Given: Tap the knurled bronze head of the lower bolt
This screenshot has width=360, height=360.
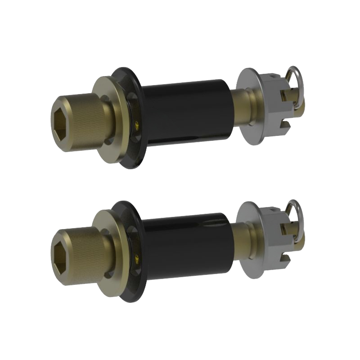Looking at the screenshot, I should (x=83, y=254).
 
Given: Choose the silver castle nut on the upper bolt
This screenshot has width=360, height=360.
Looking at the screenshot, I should (x=272, y=106).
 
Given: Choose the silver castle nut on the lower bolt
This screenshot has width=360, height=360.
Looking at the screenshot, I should (x=272, y=239).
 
